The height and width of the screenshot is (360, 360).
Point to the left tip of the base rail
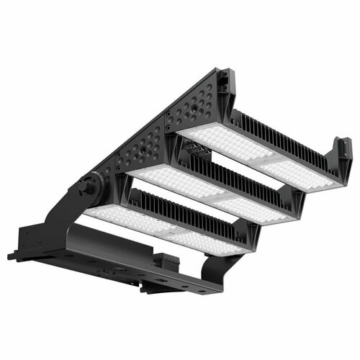[12, 255]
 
